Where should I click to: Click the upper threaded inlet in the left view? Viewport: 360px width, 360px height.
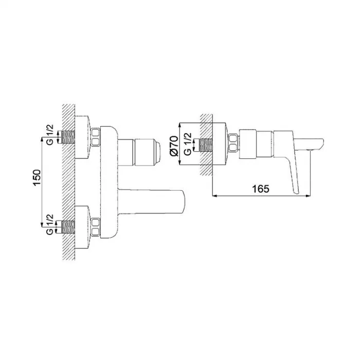[66, 136]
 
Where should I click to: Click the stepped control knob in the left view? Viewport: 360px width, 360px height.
[147, 151]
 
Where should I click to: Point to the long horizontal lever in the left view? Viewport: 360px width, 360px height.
[152, 202]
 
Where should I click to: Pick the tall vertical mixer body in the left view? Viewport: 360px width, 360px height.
[109, 180]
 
